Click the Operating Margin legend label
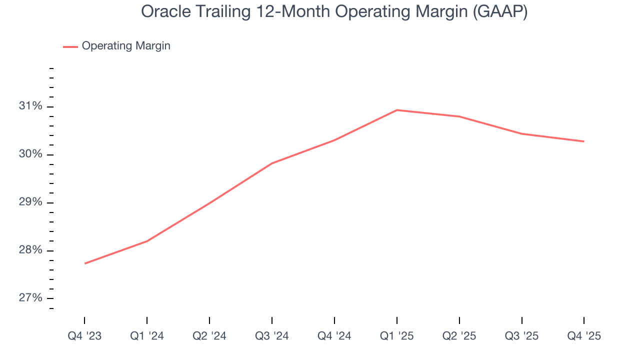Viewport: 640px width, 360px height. [126, 46]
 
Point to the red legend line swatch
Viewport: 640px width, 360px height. [70, 46]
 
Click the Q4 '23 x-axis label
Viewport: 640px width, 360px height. [84, 336]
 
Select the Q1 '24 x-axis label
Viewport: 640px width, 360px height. [147, 336]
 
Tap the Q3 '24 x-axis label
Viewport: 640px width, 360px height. [272, 336]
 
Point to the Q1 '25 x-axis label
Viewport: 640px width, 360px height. [397, 336]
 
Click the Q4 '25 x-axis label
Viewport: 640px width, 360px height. [584, 336]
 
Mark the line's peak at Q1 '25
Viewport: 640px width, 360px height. [396, 110]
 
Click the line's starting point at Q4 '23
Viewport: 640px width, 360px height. [85, 263]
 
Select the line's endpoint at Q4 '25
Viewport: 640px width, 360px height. [583, 141]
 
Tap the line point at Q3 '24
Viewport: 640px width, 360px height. [272, 163]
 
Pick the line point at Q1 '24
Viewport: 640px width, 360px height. [147, 241]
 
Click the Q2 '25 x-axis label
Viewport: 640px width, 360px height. [459, 336]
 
